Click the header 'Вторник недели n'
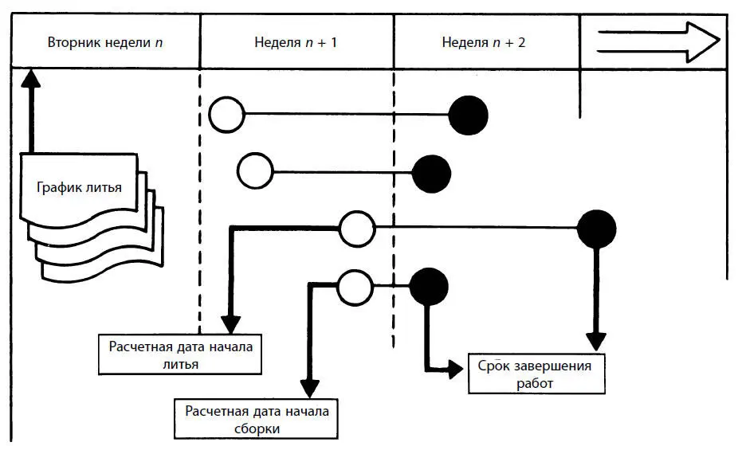click(x=105, y=41)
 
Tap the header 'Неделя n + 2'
click(x=483, y=41)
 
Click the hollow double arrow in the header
click(x=658, y=41)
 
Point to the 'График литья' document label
click(x=79, y=188)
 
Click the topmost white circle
click(x=227, y=114)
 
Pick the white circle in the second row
click(x=255, y=170)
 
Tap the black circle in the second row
click(x=431, y=172)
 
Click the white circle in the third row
click(x=357, y=229)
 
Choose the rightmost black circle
click(x=596, y=229)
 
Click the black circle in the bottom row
click(x=429, y=286)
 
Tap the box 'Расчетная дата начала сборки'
click(x=256, y=419)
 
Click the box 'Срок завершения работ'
click(x=536, y=374)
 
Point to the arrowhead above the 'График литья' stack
click(x=30, y=78)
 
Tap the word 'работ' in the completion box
click(x=534, y=383)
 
